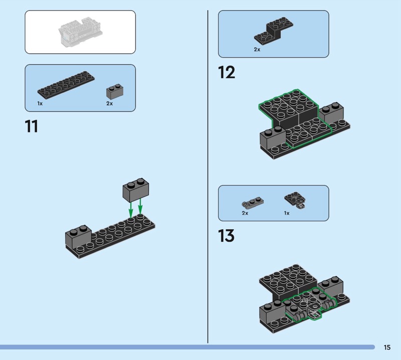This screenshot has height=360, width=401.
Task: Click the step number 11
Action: (32, 126)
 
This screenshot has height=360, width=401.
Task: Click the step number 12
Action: (227, 72)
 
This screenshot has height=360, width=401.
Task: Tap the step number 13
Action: (227, 235)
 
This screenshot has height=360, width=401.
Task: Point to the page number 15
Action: (387, 347)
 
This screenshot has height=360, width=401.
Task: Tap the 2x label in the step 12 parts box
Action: (257, 49)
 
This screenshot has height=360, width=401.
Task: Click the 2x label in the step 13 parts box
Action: (245, 213)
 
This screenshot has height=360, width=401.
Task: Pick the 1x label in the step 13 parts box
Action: (287, 213)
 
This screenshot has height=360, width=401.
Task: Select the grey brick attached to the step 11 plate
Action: (78, 237)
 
